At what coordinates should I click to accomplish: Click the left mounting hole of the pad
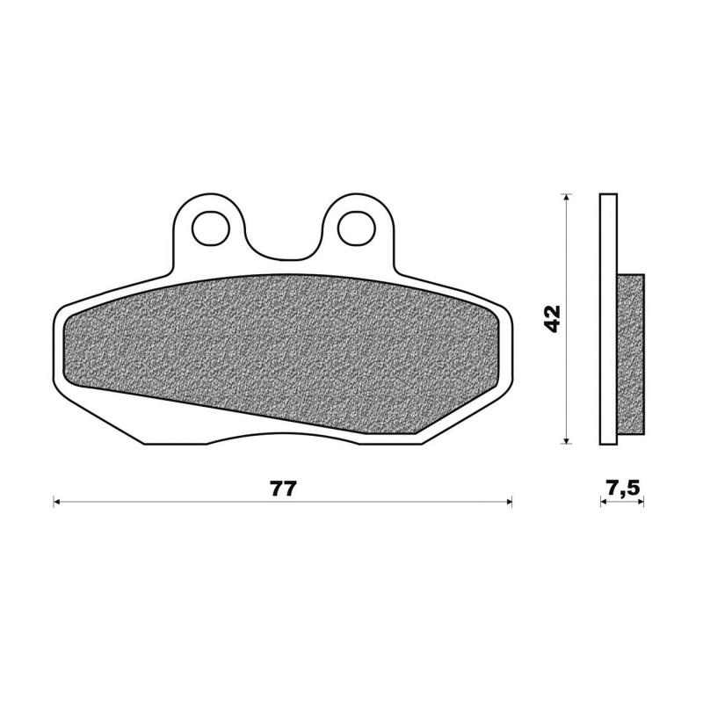(x=210, y=226)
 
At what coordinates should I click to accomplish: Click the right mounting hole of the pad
(x=354, y=226)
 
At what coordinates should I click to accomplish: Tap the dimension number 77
(x=283, y=489)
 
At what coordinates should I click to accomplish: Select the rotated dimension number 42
(x=552, y=318)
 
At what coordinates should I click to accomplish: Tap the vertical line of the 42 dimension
(x=568, y=264)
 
